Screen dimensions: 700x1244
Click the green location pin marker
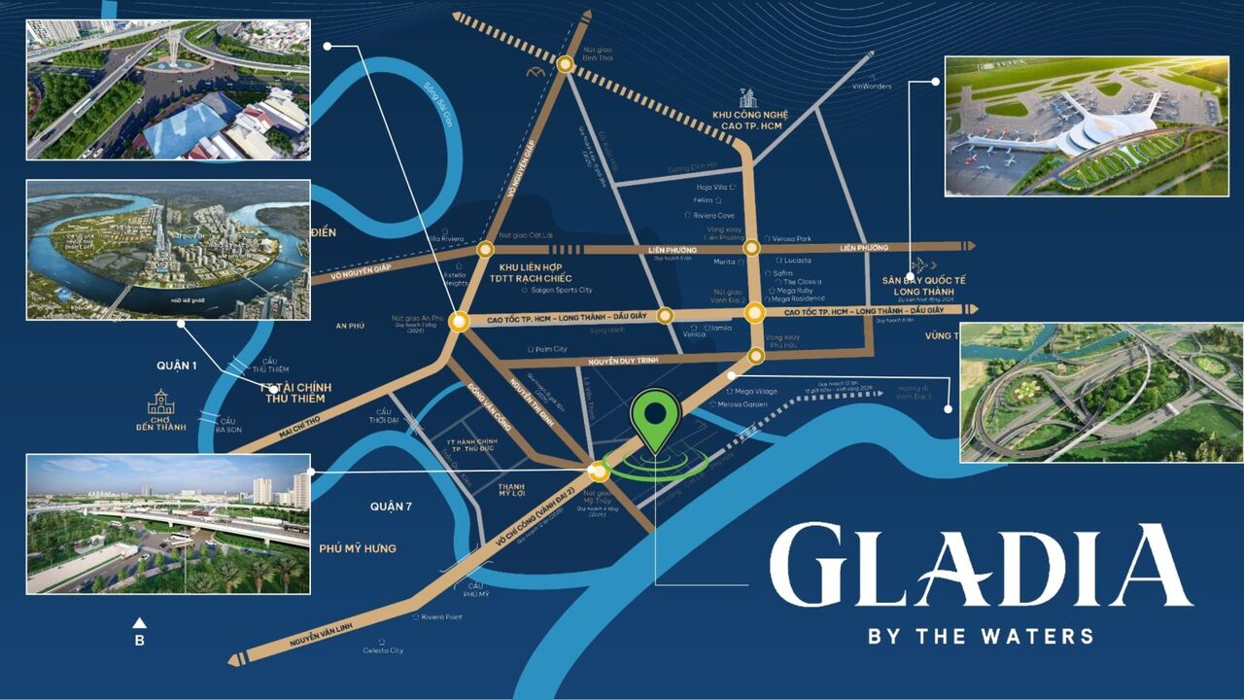656,416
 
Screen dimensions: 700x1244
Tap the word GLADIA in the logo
980,566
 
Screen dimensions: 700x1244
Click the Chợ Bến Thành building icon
161,402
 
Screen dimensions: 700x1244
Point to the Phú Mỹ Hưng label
358,548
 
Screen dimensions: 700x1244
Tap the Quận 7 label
392,506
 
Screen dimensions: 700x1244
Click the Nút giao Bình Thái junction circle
565,64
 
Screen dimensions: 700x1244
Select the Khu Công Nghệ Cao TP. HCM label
748,121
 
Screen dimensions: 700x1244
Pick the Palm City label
550,349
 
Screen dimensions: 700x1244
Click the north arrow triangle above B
139,622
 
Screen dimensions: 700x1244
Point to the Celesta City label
383,650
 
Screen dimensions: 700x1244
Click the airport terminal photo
1086,126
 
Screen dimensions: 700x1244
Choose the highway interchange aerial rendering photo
1101,392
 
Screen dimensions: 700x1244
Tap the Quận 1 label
177,366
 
